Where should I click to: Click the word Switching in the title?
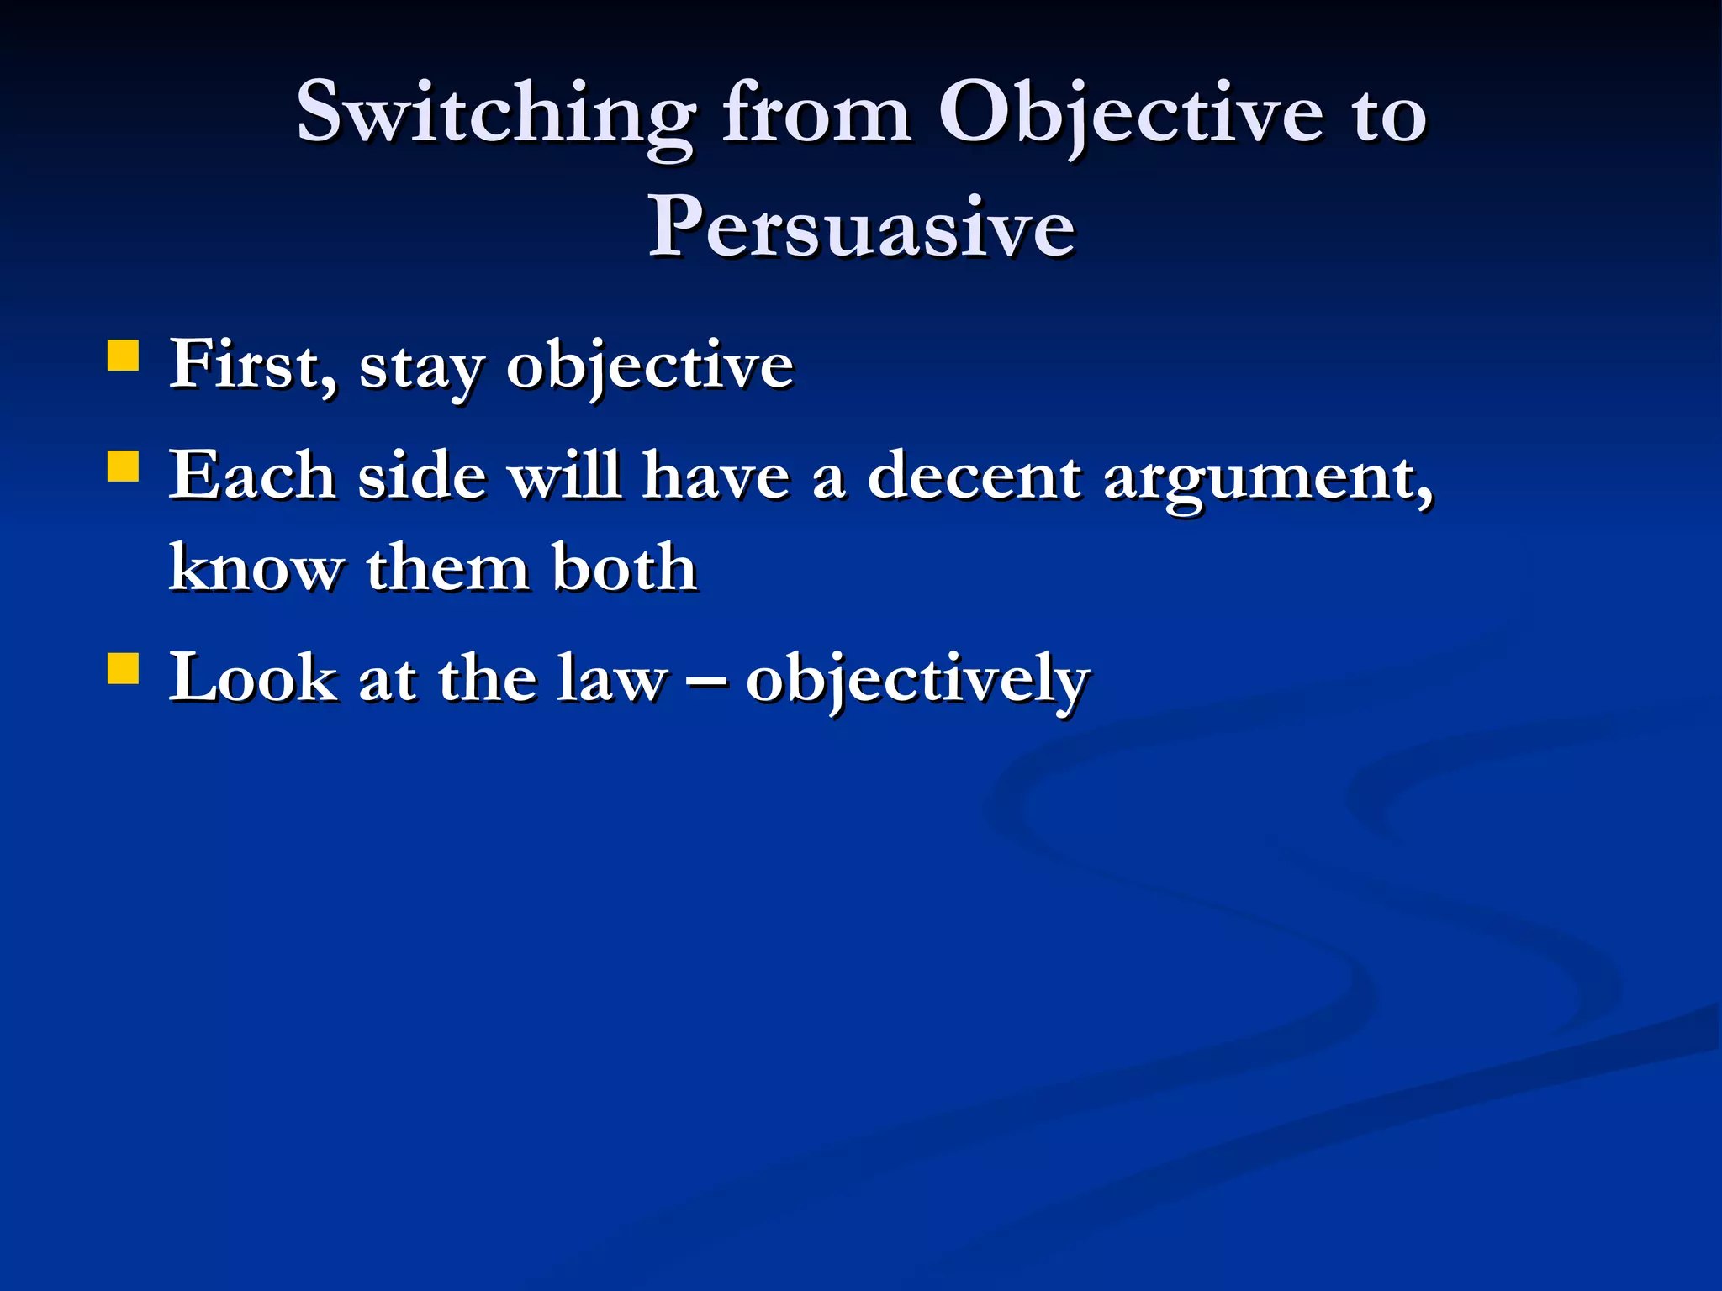496,113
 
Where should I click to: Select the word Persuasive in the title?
861,227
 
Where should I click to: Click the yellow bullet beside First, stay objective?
124,355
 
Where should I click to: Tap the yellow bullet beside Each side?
124,466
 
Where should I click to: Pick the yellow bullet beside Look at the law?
124,669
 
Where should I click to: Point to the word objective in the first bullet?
649,367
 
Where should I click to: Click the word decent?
974,477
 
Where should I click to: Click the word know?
256,568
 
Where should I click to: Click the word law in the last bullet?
612,679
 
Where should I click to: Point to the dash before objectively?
706,679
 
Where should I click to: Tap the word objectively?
916,681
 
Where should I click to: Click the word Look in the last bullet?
253,679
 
